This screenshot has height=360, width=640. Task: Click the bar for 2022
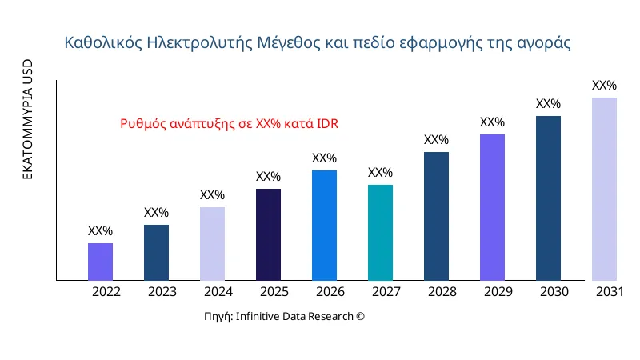(100, 262)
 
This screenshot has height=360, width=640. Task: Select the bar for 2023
(156, 253)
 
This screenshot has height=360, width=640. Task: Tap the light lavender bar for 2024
(212, 244)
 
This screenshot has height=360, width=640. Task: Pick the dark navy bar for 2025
(268, 234)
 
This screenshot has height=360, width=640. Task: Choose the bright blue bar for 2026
(324, 226)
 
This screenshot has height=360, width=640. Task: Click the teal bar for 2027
(380, 233)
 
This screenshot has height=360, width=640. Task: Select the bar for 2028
(436, 216)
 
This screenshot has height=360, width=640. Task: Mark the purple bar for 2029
(492, 207)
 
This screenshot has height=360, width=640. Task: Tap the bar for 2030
(548, 198)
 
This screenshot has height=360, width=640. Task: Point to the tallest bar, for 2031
(604, 189)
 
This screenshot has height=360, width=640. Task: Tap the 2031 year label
(610, 292)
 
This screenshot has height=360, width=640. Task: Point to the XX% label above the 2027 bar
(380, 173)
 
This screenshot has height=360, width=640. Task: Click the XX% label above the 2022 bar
(100, 231)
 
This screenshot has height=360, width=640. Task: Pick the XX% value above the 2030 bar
(548, 104)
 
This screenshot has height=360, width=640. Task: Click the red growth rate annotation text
(229, 124)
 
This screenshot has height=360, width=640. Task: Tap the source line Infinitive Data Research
(284, 317)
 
